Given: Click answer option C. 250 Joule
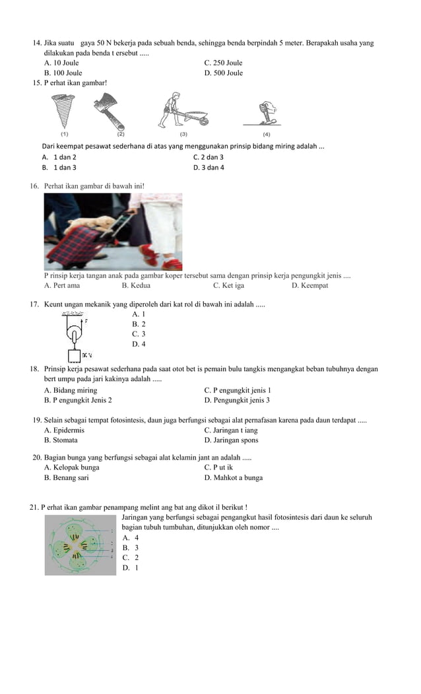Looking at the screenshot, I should click(x=223, y=63).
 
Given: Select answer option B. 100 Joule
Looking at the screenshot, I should click(x=63, y=73).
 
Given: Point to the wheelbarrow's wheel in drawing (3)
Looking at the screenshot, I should click(x=204, y=121).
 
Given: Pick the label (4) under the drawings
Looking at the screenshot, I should click(x=267, y=134).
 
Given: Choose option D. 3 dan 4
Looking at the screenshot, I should click(x=209, y=168).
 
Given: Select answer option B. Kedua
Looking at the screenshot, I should click(x=136, y=285).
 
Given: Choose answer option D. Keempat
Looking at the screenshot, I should click(x=309, y=285).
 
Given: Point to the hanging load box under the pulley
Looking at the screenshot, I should click(x=74, y=355).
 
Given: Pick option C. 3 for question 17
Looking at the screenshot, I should click(x=139, y=334).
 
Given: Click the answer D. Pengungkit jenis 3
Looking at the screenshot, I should click(x=237, y=400).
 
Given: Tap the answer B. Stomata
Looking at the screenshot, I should click(x=61, y=440).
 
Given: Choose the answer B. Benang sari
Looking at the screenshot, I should click(x=66, y=477).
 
